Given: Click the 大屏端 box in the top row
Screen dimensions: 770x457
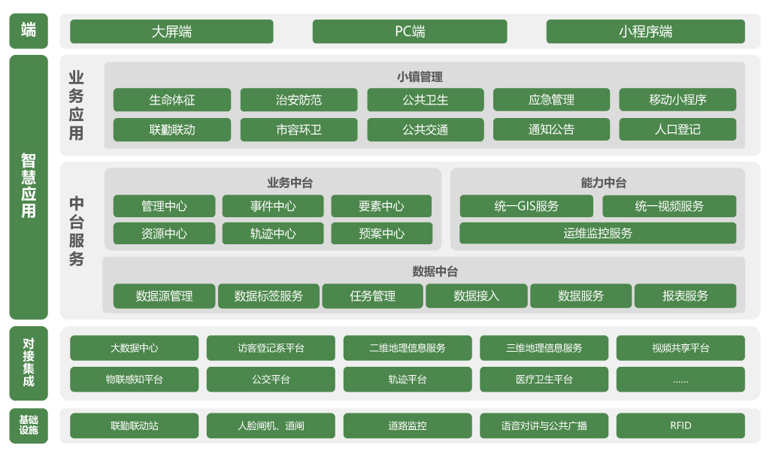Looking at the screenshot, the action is (x=171, y=32).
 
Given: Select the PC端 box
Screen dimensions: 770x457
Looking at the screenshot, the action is (x=410, y=32).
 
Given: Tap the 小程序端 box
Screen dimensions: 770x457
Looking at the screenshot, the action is (x=645, y=32).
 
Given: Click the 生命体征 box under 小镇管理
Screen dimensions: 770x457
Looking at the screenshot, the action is (x=172, y=100).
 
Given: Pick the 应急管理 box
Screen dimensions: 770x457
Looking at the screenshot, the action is (x=551, y=100).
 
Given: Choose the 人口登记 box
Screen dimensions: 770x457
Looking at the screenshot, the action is (x=678, y=129).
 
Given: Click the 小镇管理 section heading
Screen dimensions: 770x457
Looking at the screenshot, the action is (x=420, y=77).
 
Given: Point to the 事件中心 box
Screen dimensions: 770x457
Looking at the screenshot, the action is (x=273, y=206).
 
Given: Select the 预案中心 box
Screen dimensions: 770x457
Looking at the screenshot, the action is (x=381, y=233).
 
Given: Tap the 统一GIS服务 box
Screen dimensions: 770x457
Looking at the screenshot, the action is (x=526, y=206).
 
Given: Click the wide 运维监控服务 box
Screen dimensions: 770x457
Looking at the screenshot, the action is (x=598, y=233).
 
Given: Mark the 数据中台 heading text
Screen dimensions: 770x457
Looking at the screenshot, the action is (x=435, y=271).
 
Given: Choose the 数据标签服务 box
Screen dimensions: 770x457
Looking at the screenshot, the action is (x=268, y=296).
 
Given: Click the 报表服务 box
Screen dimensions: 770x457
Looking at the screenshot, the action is (x=685, y=296).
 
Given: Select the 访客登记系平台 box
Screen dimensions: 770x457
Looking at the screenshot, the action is (x=271, y=348).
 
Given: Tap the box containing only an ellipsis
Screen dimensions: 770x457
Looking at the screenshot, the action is (x=681, y=380).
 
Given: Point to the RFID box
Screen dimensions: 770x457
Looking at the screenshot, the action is (x=681, y=425).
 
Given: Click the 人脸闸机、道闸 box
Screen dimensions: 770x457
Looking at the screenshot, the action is (x=271, y=425).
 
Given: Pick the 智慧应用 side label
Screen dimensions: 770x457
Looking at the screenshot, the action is (x=29, y=186).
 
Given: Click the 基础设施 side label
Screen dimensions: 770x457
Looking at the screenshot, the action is (x=29, y=425).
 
